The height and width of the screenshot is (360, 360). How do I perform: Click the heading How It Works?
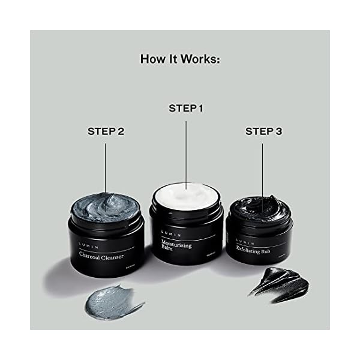pyautogui.click(x=180, y=59)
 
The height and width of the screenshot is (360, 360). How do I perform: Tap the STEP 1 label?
pyautogui.click(x=186, y=109)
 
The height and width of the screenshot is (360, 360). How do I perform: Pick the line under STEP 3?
pyautogui.click(x=263, y=174)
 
